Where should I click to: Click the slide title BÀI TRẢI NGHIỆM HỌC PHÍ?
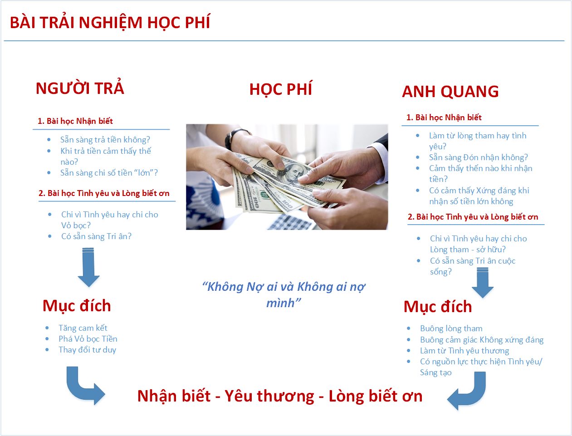(110, 23)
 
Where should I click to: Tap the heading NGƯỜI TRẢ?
(80, 88)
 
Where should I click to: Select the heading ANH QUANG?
(450, 91)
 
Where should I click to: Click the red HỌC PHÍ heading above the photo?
(281, 89)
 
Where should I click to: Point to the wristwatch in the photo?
(236, 136)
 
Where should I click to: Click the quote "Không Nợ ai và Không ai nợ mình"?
(284, 294)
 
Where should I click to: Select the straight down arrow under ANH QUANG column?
(482, 282)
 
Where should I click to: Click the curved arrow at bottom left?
(83, 386)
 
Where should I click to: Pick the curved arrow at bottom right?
(468, 391)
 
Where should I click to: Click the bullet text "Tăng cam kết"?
(83, 328)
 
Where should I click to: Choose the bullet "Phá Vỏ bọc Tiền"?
(88, 338)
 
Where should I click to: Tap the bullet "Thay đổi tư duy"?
(87, 349)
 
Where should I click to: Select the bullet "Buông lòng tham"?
(451, 328)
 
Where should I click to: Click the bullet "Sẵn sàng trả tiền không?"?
(105, 139)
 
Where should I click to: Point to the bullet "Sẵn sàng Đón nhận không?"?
(478, 157)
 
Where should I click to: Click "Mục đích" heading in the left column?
(77, 305)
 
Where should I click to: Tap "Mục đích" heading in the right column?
(438, 306)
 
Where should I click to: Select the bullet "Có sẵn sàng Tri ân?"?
(96, 236)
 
